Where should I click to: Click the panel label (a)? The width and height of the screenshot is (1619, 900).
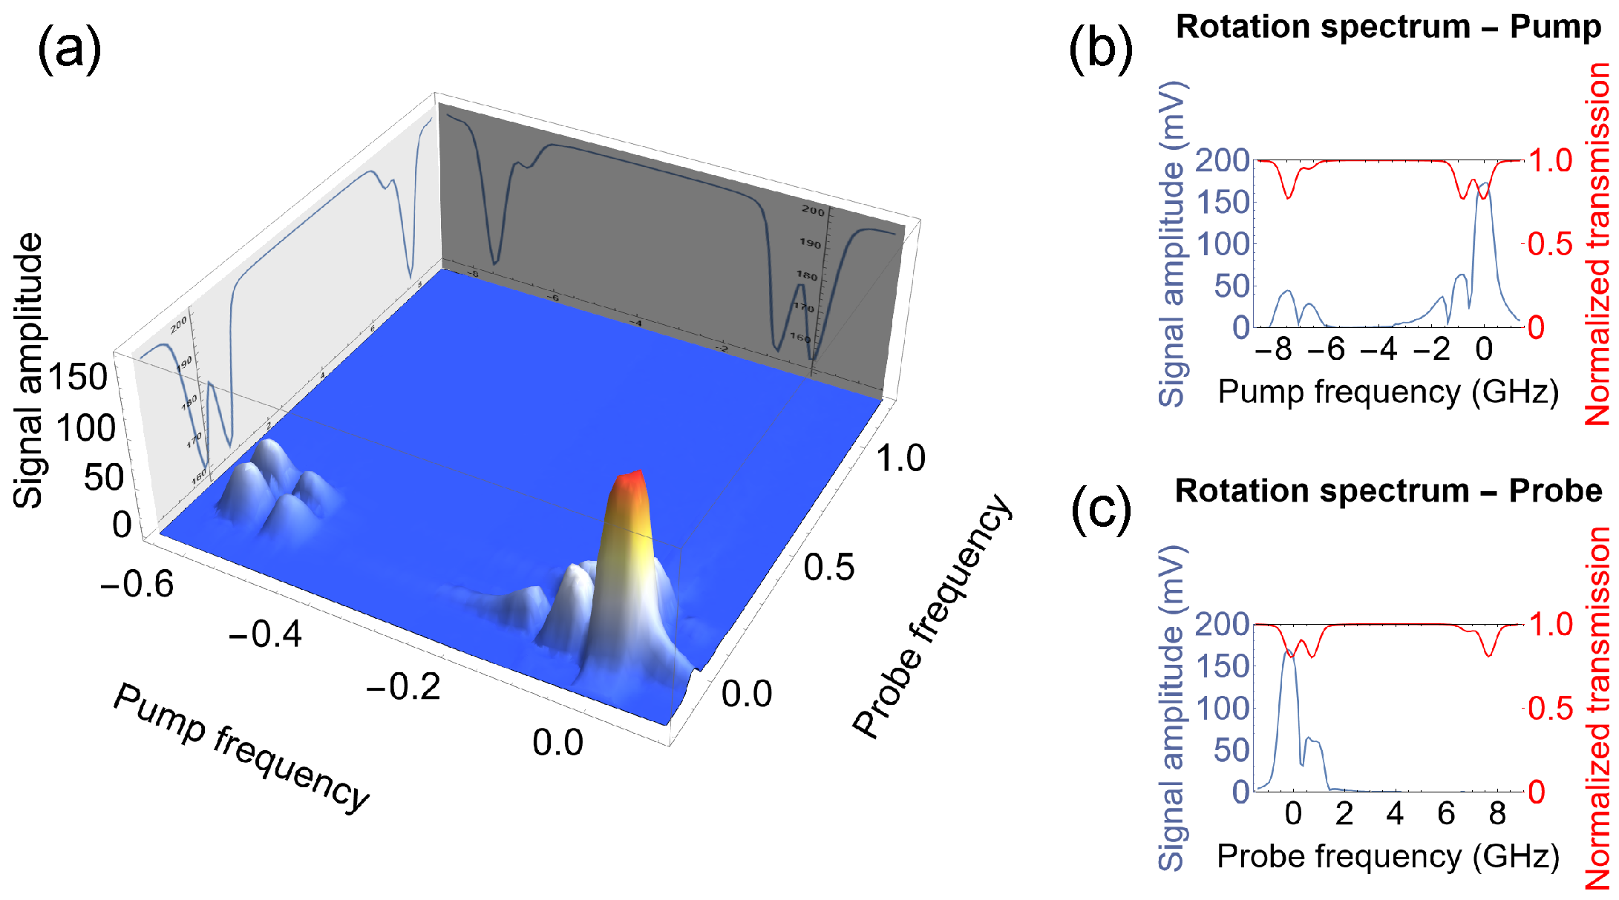[x=68, y=49]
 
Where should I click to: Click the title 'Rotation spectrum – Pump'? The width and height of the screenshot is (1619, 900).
[x=1388, y=27]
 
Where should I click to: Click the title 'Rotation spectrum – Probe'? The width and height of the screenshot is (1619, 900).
[x=1388, y=491]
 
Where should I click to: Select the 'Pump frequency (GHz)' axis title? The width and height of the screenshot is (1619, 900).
[x=1387, y=392]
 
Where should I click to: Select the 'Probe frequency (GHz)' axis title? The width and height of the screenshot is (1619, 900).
[x=1387, y=856]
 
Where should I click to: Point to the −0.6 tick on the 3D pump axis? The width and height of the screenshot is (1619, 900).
[x=137, y=585]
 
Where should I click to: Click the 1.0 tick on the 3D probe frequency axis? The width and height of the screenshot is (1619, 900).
[x=900, y=459]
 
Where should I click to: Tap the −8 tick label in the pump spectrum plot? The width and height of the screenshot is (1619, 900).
[x=1273, y=349]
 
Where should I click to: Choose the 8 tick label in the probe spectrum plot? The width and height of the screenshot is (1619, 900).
[x=1497, y=814]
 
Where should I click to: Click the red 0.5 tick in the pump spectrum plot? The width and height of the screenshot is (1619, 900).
[x=1550, y=244]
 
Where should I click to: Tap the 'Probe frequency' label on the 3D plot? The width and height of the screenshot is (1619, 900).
[x=932, y=616]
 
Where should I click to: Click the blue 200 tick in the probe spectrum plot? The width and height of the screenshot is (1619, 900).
[x=1222, y=624]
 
